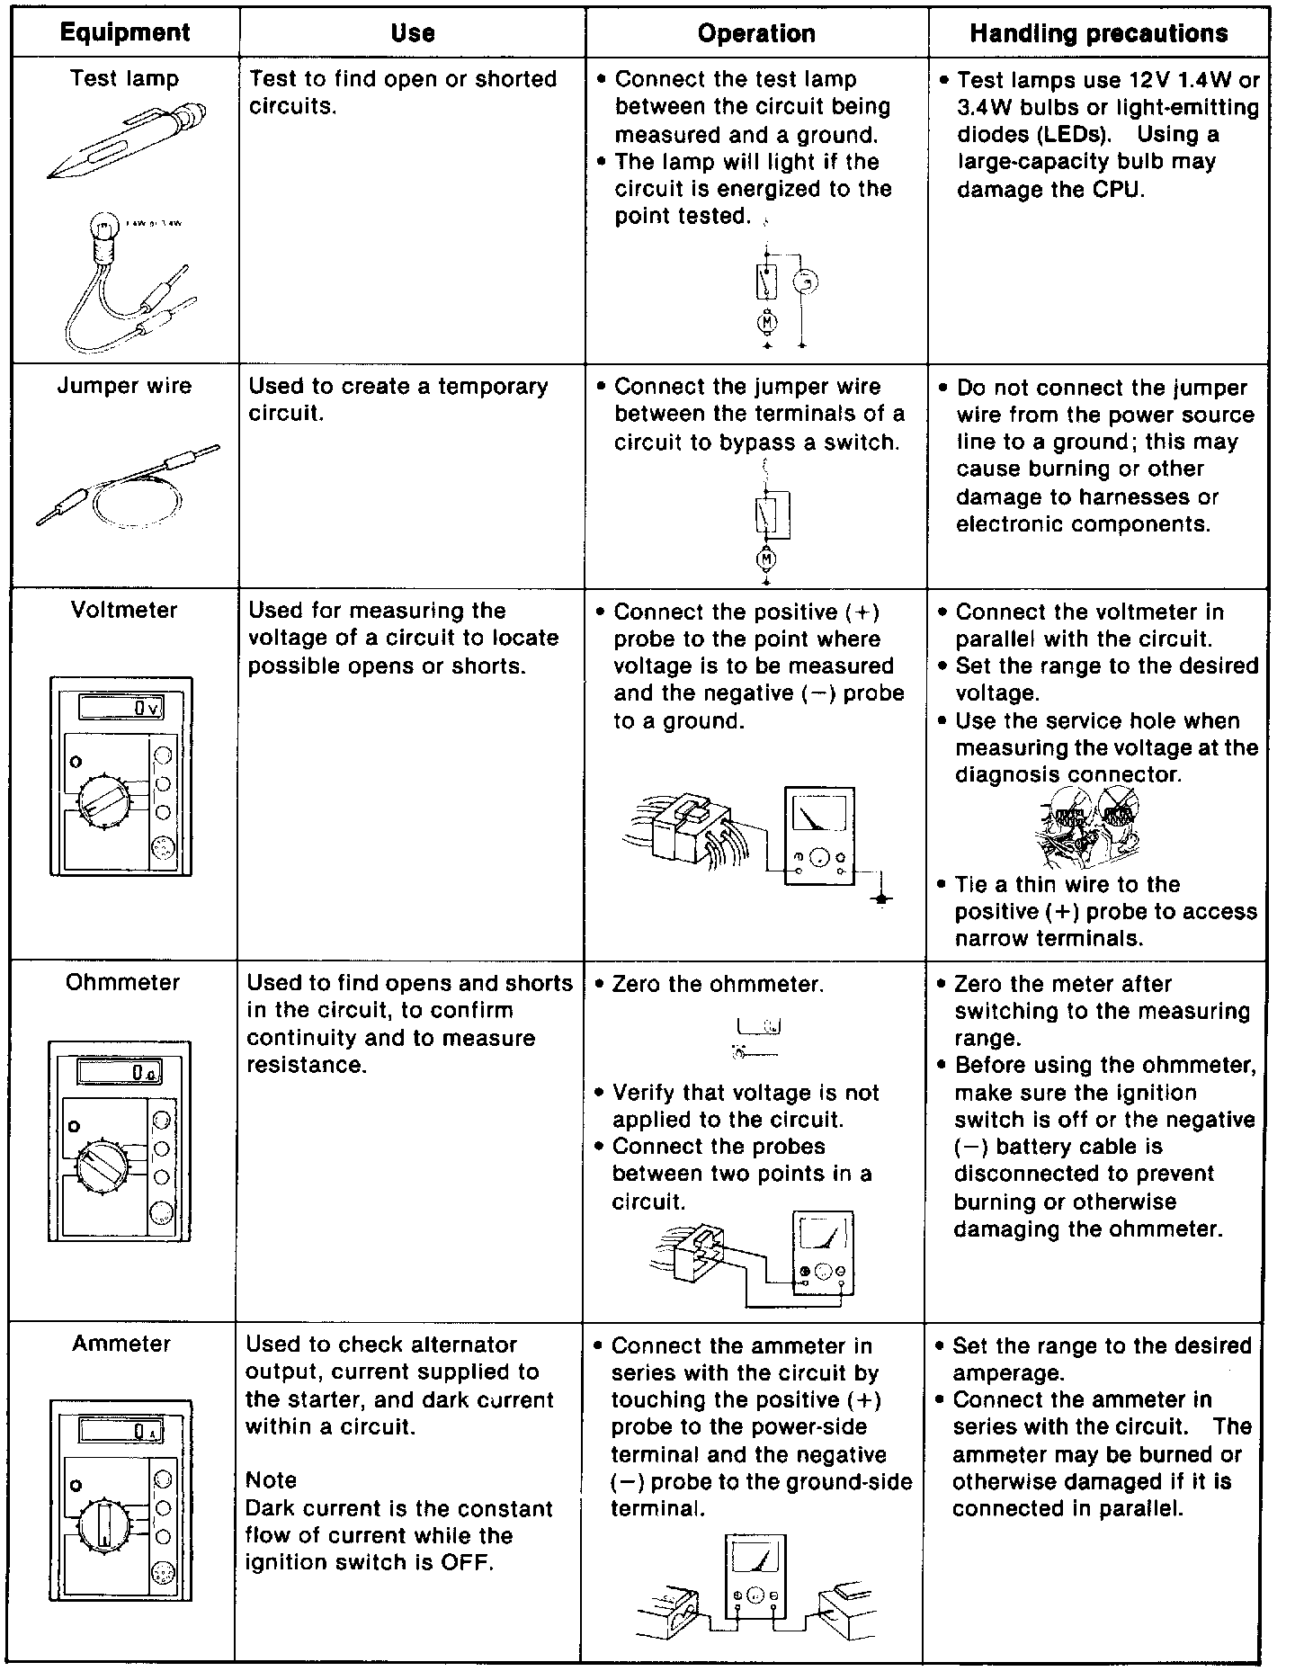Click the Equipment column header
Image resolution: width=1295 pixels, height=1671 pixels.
coord(124,33)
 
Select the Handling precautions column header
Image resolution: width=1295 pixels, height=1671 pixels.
coord(1098,34)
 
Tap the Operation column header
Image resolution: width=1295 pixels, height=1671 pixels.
coord(756,34)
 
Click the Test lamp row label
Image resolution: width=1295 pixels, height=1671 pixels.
coord(124,79)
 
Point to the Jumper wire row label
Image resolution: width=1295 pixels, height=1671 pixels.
coord(124,386)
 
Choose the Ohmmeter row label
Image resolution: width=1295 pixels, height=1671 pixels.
coord(122,982)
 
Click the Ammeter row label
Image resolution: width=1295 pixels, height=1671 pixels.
coord(121,1344)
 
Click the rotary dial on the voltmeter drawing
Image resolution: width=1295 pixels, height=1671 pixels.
coord(104,799)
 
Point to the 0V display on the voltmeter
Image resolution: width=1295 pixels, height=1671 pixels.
coord(121,709)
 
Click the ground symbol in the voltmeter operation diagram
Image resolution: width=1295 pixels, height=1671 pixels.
coord(883,898)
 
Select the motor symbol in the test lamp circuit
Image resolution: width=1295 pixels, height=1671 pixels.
coord(767,321)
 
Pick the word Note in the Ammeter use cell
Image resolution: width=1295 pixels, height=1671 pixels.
coord(271,1480)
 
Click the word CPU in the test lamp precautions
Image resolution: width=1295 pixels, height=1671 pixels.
coord(1118,190)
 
